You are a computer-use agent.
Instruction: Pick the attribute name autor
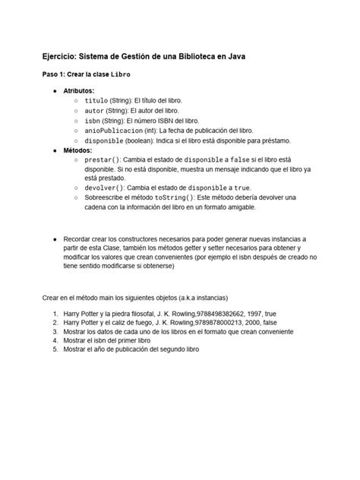coord(93,110)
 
